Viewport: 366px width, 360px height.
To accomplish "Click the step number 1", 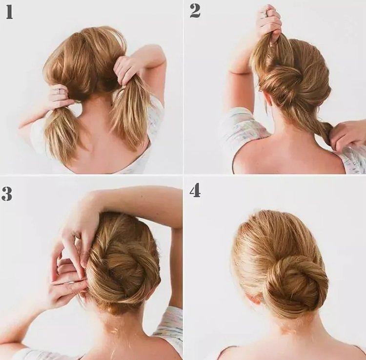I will pyautogui.click(x=9, y=11).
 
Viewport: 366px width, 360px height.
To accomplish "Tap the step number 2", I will pyautogui.click(x=195, y=11).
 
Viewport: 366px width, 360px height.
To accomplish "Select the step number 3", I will pyautogui.click(x=7, y=194).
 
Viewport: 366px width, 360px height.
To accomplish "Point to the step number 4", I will pyautogui.click(x=195, y=190).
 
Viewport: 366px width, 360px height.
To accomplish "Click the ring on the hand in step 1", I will pyautogui.click(x=60, y=91).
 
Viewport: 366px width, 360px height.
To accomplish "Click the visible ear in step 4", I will pyautogui.click(x=254, y=298).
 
